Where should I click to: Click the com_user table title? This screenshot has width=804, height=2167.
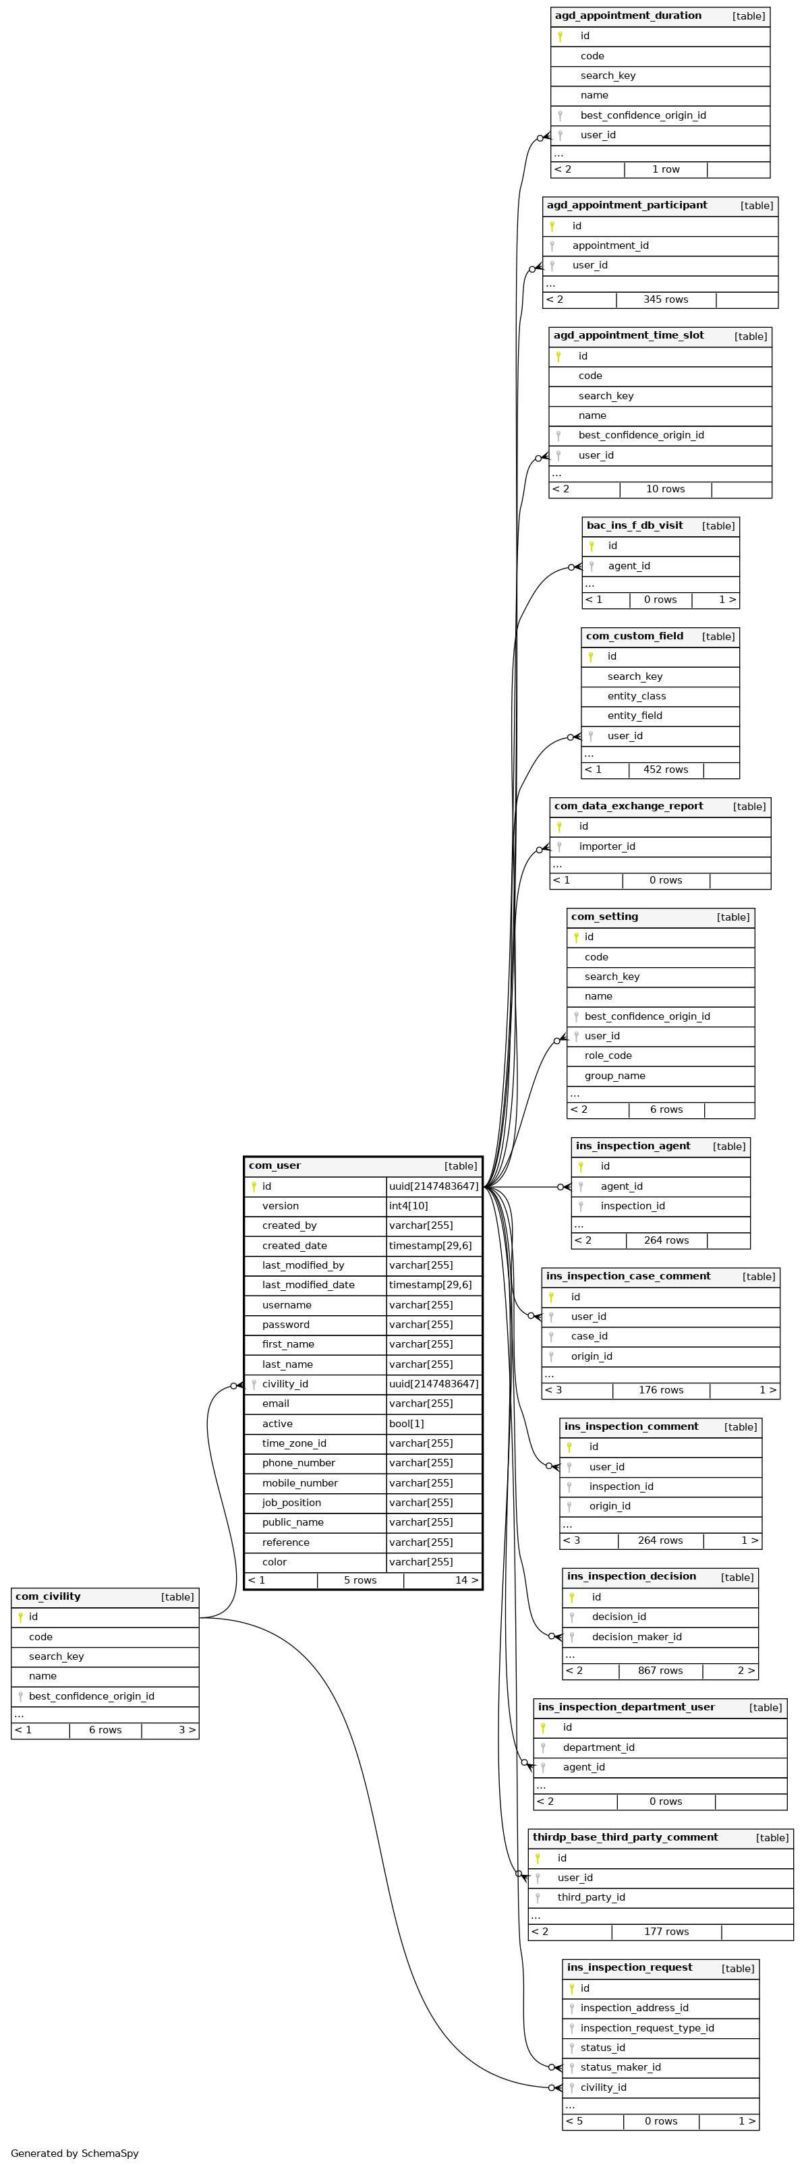275,1166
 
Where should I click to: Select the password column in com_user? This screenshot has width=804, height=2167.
286,1325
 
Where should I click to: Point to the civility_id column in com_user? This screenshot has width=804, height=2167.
285,1385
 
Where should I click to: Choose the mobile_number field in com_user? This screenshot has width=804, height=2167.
299,1484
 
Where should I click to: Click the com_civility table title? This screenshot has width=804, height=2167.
48,1596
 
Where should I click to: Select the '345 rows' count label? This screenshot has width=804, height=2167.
665,299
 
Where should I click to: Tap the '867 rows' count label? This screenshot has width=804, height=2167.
660,1671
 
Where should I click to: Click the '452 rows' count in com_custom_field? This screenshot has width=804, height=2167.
665,770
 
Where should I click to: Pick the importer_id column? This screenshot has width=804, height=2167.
606,846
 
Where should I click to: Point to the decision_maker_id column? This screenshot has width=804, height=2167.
637,1637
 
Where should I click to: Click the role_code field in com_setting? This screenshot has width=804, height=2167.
608,1056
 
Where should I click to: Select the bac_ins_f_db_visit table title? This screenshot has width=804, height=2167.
635,526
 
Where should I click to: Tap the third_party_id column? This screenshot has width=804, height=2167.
592,1898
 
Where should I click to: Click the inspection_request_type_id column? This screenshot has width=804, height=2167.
647,2028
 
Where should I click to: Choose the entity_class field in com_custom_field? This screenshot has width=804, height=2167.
637,697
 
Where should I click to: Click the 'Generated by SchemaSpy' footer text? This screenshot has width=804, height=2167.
75,2154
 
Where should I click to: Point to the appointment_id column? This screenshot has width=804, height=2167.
610,245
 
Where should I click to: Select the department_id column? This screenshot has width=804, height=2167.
599,1747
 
